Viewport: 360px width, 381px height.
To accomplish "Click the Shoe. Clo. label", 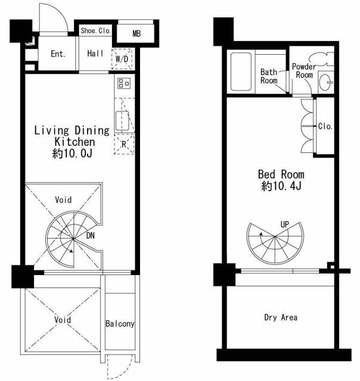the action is pyautogui.click(x=96, y=30).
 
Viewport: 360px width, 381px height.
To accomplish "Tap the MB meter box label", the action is pyautogui.click(x=136, y=33).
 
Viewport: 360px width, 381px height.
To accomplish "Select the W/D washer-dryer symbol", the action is pyautogui.click(x=122, y=59).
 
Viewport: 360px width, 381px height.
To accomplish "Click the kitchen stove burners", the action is pyautogui.click(x=124, y=83).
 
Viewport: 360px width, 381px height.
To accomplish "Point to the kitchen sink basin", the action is pyautogui.click(x=122, y=121).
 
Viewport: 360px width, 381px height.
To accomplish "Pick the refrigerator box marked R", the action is pyautogui.click(x=124, y=144).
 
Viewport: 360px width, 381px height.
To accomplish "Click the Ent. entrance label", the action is pyautogui.click(x=58, y=54).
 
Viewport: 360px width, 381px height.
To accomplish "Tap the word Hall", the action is pyautogui.click(x=95, y=53).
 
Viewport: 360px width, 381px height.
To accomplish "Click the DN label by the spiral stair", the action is pyautogui.click(x=90, y=236).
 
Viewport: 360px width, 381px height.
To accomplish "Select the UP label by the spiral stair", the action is pyautogui.click(x=284, y=224).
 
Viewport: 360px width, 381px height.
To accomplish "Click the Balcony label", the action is pyautogui.click(x=120, y=324).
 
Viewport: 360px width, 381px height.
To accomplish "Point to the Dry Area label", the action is pyautogui.click(x=281, y=317).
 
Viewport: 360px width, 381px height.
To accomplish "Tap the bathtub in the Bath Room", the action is pyautogui.click(x=241, y=71).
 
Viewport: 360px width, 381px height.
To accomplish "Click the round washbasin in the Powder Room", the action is pyautogui.click(x=325, y=83).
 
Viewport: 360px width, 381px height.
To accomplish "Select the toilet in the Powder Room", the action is pyautogui.click(x=321, y=59).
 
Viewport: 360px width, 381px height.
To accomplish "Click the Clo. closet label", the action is pyautogui.click(x=325, y=126).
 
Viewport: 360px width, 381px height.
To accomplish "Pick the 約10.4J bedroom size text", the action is pyautogui.click(x=281, y=186).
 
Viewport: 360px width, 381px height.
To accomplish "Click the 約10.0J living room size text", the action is pyautogui.click(x=72, y=154).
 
